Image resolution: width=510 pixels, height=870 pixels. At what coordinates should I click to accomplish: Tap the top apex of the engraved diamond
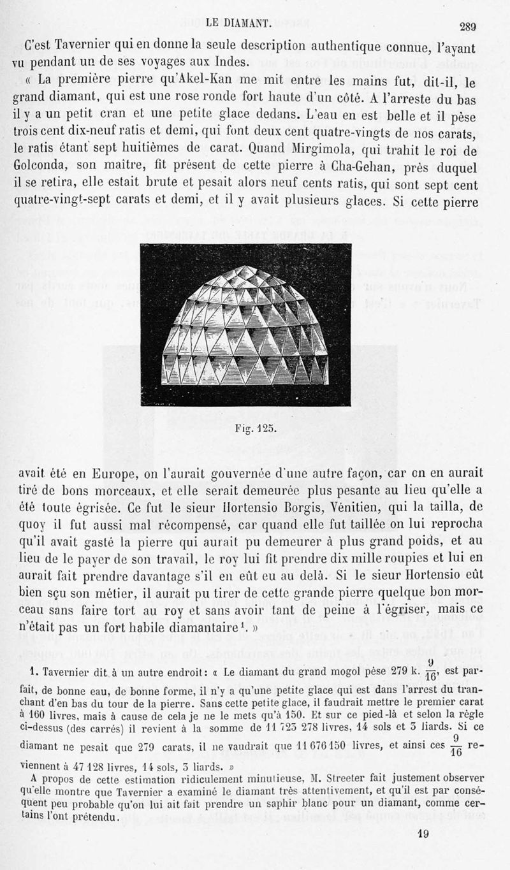tap(245, 267)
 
